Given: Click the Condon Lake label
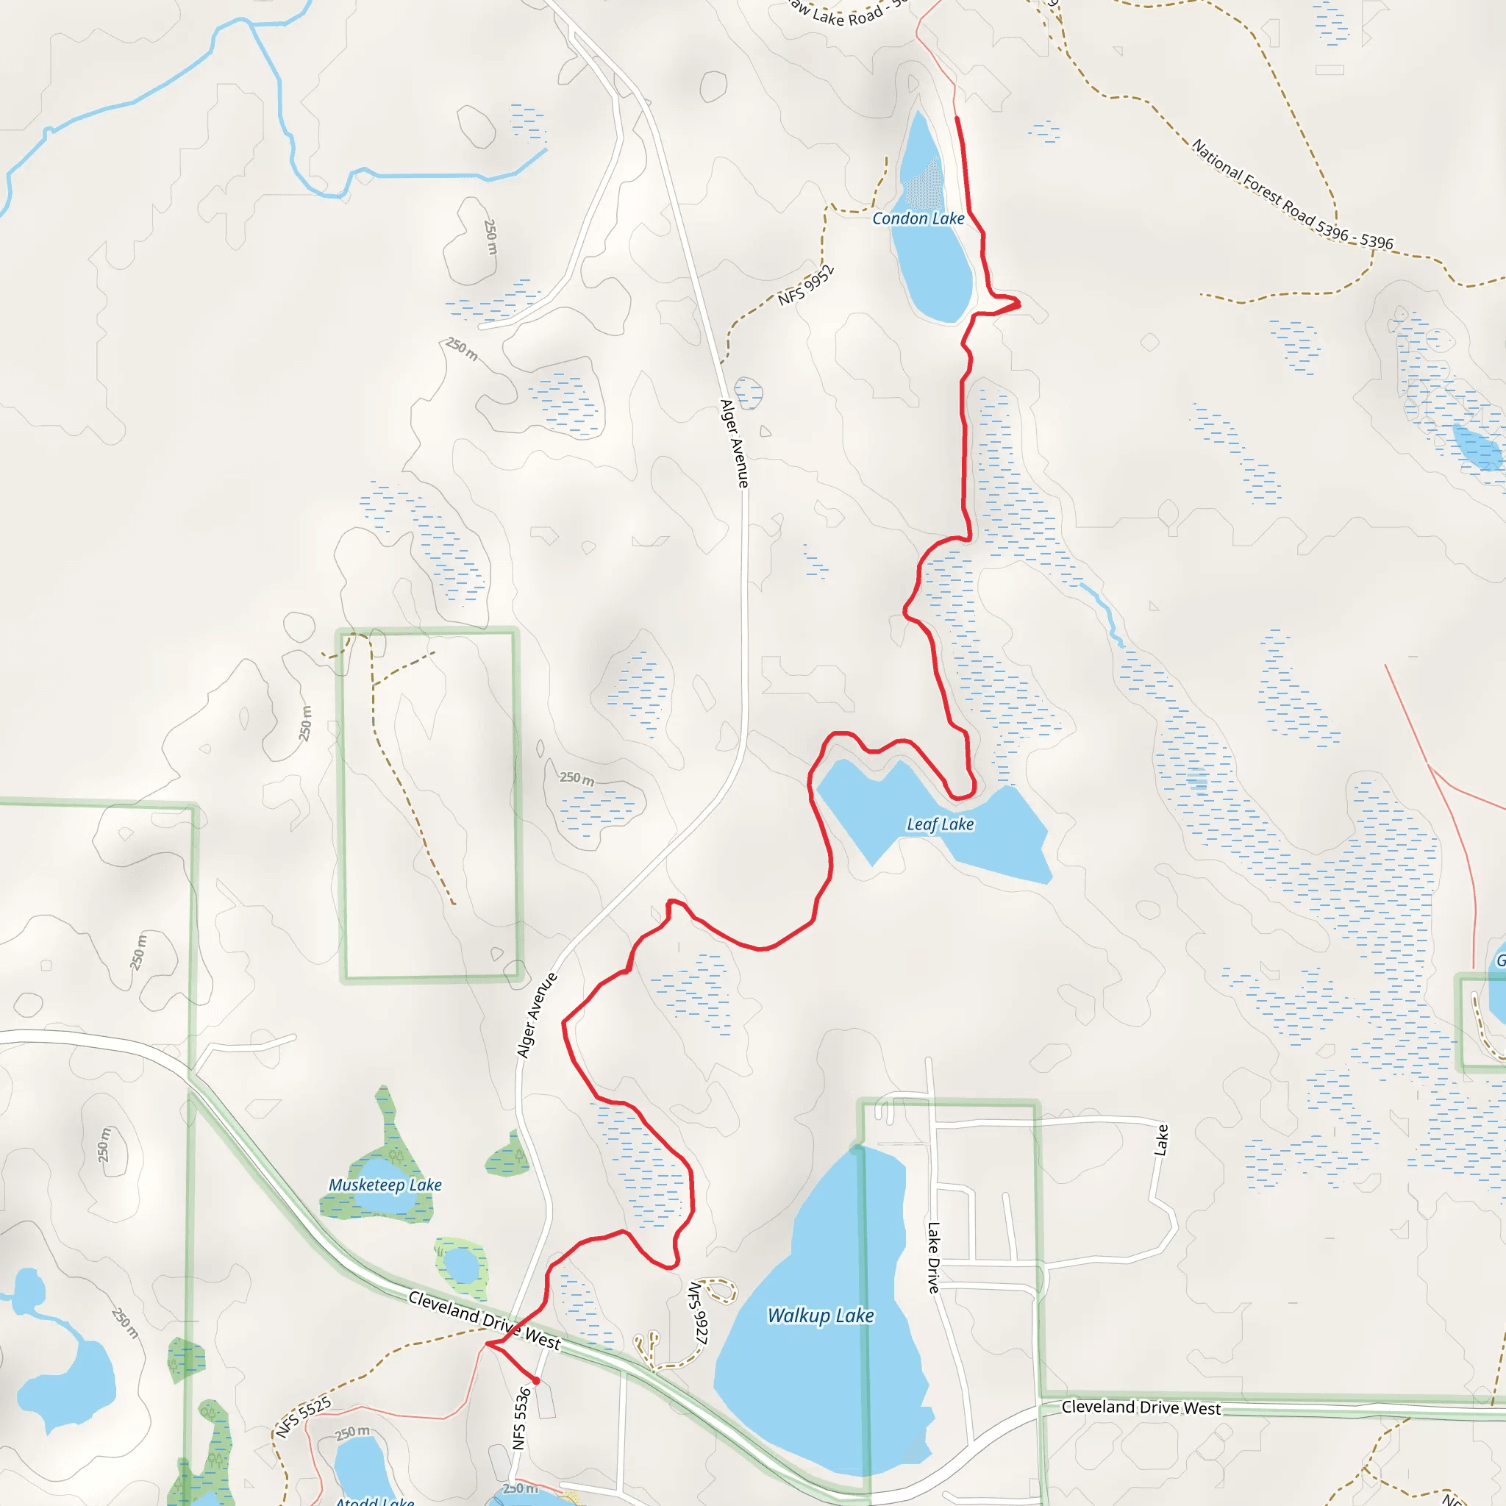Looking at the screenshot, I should (x=918, y=219).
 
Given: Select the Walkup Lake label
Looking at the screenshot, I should (x=820, y=1316).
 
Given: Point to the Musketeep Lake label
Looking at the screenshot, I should (x=385, y=1185).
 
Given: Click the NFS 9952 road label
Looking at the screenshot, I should (x=806, y=285).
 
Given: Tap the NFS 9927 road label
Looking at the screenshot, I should (x=699, y=1314).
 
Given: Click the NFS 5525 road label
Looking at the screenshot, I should (x=304, y=1417).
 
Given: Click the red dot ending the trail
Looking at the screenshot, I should (x=536, y=1381).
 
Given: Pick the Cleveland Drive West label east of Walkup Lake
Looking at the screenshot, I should (x=1141, y=1407).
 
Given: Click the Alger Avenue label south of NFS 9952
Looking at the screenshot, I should (x=735, y=443).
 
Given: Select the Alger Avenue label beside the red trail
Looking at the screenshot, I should (x=537, y=1016).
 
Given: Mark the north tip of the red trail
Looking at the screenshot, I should (x=957, y=118).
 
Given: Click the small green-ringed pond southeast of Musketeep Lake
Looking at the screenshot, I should (x=462, y=1264).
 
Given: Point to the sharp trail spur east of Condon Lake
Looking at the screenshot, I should (x=1018, y=302).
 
